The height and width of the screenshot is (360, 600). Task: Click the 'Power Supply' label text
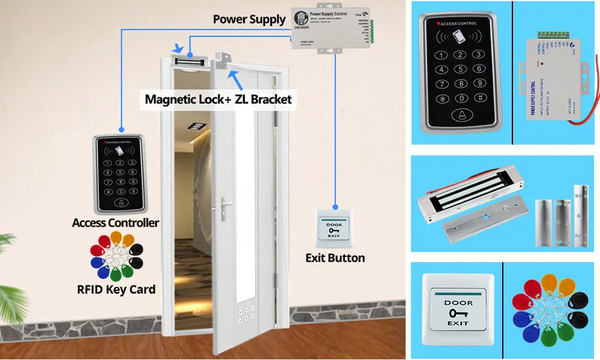250,20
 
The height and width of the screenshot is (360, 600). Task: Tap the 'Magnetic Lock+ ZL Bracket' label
218,98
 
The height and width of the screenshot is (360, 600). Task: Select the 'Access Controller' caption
116,223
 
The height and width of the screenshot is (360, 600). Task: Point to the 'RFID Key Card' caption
116,289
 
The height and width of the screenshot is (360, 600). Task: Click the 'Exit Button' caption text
335,258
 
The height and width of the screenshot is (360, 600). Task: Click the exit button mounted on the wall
334,226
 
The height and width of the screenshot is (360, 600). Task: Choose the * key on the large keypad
443,98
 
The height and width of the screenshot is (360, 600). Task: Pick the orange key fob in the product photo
548,282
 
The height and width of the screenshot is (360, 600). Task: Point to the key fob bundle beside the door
116,257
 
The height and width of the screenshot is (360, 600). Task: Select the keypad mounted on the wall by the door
119,174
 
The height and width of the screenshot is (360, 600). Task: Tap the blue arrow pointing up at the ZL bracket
235,77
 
